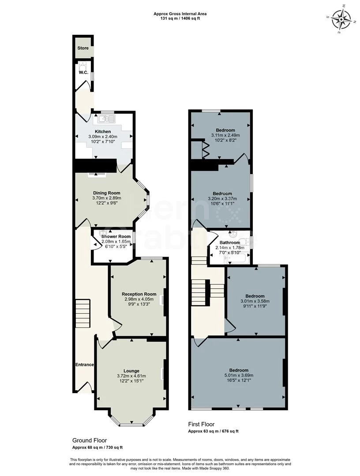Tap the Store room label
click(83, 48)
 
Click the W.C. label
click(84, 73)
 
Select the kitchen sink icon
click(107, 119)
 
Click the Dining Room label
click(106, 193)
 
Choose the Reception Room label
click(139, 294)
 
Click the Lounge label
click(131, 371)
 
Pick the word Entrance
click(84, 364)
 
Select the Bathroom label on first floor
click(230, 242)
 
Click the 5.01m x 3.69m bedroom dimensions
click(239, 376)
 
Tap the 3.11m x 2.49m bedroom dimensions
click(225, 135)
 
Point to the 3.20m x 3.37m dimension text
click(222, 199)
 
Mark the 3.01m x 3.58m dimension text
click(255, 301)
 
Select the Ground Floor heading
click(90, 440)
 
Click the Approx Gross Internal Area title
click(180, 14)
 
